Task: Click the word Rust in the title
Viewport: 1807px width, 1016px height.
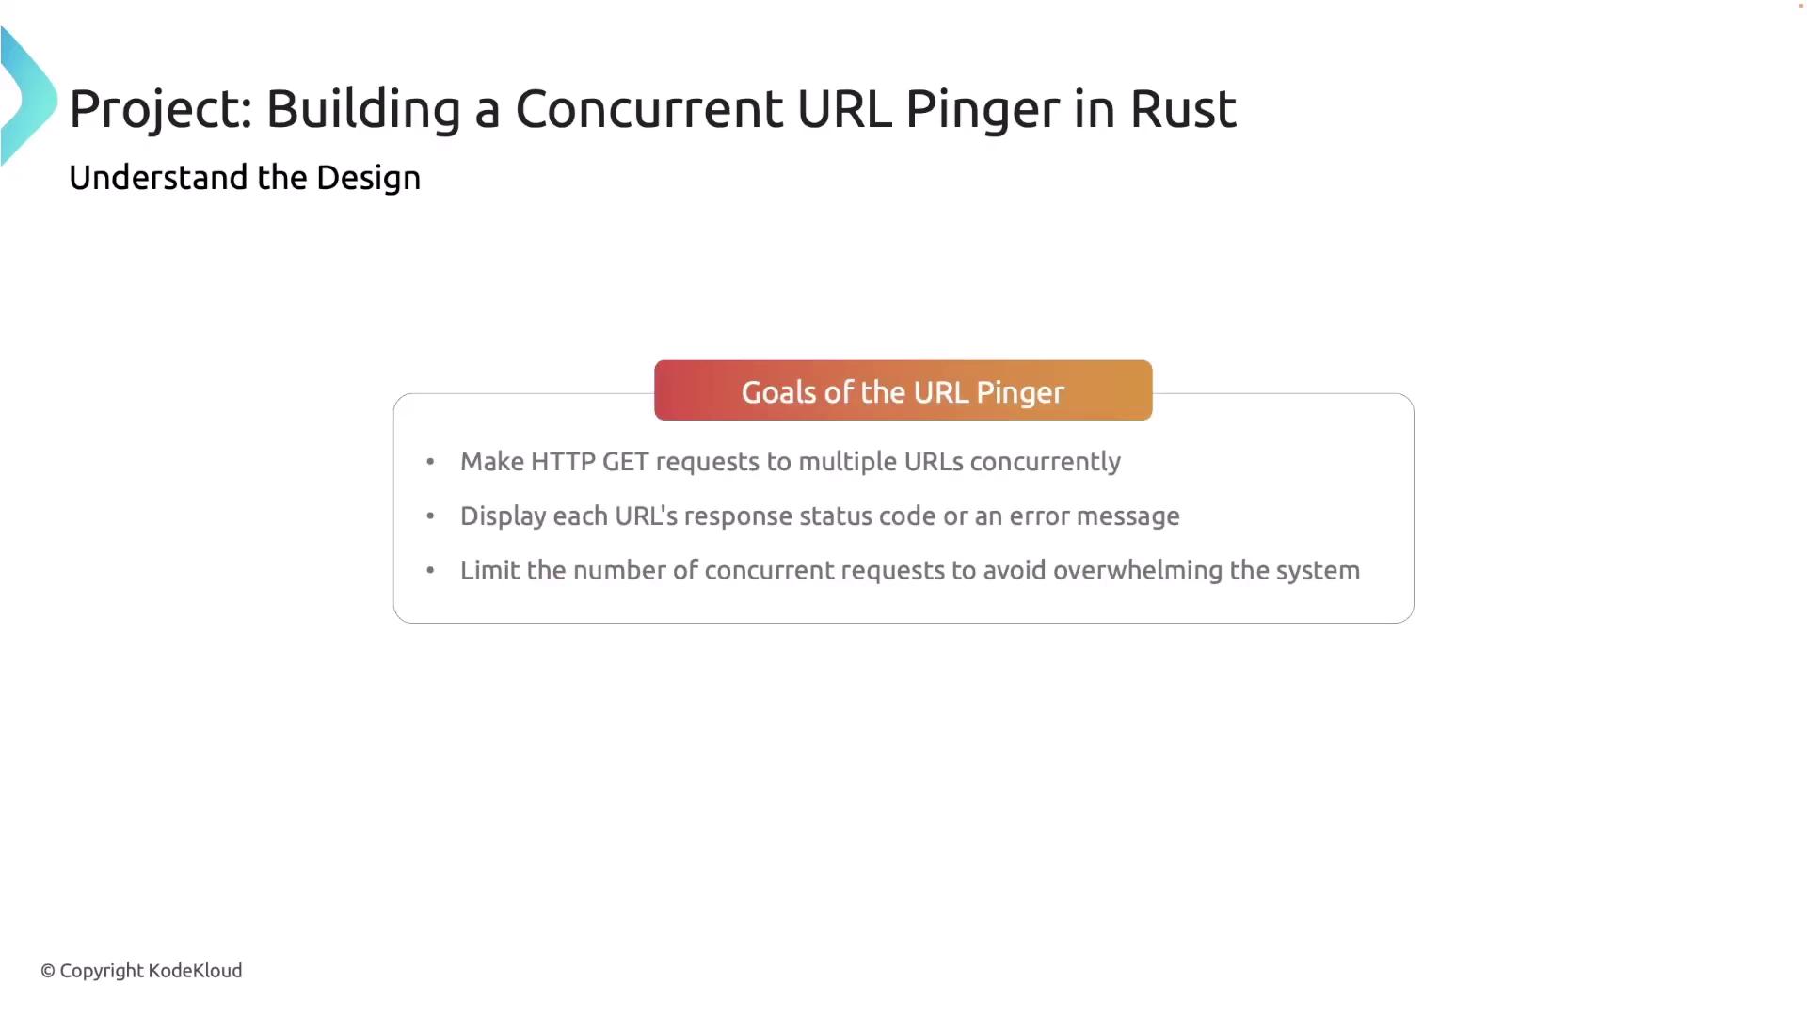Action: coord(1183,109)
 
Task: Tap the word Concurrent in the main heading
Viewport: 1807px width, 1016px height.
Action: coord(648,109)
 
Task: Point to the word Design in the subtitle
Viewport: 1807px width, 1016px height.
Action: coord(368,178)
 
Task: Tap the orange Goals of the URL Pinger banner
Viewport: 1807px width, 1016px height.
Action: coord(903,390)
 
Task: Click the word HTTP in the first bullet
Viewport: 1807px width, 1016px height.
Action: coord(563,462)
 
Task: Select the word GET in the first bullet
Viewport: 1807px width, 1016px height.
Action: coord(626,462)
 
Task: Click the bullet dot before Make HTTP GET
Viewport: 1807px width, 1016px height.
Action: coord(430,462)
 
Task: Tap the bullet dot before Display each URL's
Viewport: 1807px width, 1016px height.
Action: coord(430,516)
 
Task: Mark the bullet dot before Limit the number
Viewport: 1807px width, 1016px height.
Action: coord(430,570)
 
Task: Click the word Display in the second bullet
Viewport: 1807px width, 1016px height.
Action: coord(504,516)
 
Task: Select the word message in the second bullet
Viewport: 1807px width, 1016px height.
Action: coord(1127,516)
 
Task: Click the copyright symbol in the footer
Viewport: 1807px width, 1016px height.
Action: coord(48,971)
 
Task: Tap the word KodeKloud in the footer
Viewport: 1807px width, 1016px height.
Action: coord(195,970)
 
